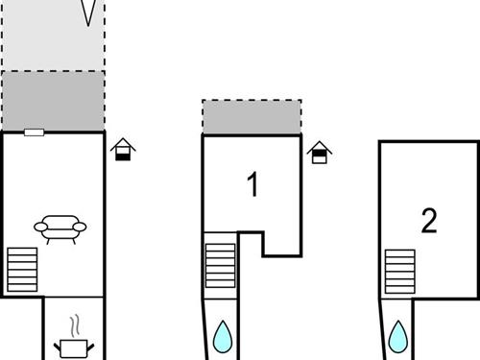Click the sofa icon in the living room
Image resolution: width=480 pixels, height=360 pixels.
[x=60, y=227]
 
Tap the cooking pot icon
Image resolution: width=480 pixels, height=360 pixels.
[x=75, y=347]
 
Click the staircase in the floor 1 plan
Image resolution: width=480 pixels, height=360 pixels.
[x=220, y=264]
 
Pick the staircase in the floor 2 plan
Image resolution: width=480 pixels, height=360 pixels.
[x=400, y=270]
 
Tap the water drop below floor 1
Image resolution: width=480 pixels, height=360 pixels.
[x=223, y=336]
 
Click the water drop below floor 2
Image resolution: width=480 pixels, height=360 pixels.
[x=398, y=336]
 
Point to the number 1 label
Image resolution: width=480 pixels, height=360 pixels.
[x=253, y=184]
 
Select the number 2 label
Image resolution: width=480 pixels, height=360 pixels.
[x=429, y=221]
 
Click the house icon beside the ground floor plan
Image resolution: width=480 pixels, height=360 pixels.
[x=123, y=150]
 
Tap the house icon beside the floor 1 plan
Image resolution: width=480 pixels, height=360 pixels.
[x=319, y=153]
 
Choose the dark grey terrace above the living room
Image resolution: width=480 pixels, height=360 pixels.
[x=53, y=100]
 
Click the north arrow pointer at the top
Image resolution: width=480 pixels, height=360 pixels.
[x=89, y=12]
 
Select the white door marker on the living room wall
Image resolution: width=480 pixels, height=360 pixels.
[x=35, y=132]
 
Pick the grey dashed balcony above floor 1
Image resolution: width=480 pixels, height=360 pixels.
[x=252, y=116]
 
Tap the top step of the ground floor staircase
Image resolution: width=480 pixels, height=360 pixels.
[x=22, y=251]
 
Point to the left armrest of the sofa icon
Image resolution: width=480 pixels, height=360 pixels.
[x=39, y=227]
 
